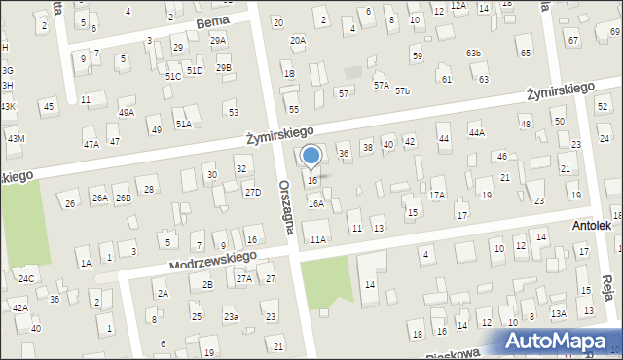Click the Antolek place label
592,226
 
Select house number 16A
315,203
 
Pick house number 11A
317,239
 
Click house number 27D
253,192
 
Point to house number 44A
476,132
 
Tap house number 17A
437,196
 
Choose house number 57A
381,86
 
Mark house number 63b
473,53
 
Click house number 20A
297,40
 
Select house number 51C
172,76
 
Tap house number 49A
127,113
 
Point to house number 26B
123,198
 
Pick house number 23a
231,316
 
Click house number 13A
558,313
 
